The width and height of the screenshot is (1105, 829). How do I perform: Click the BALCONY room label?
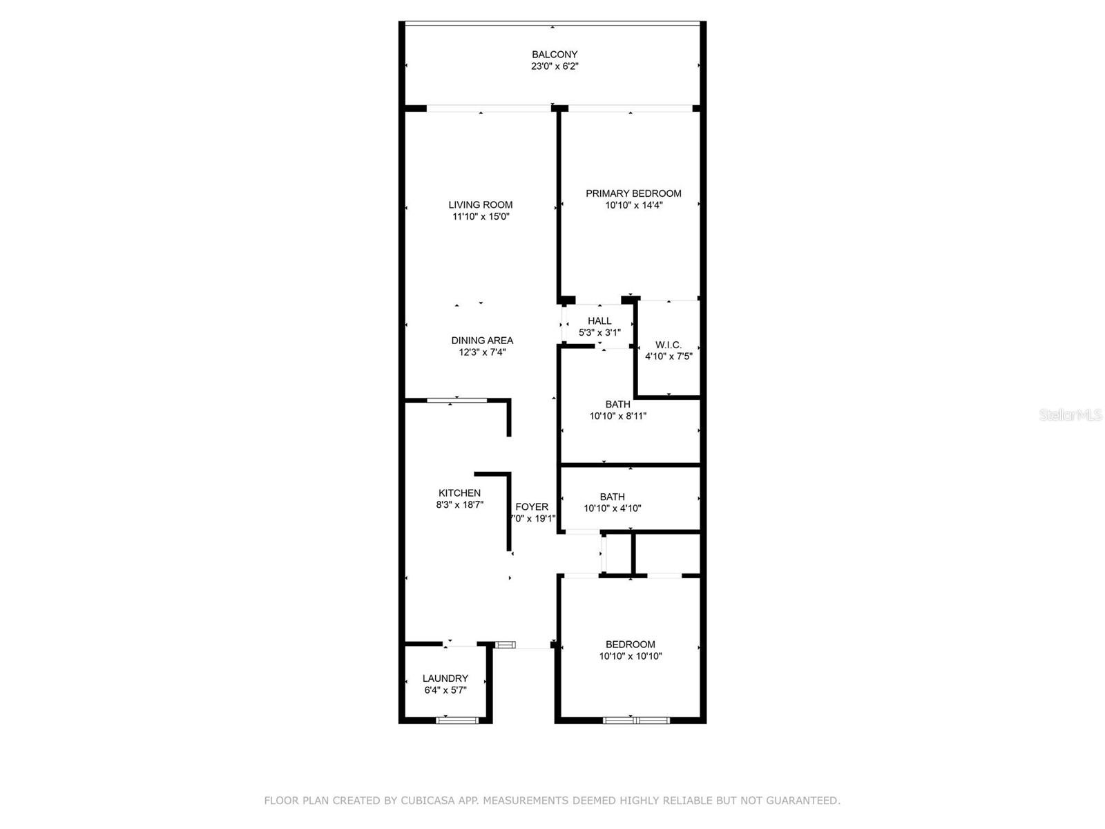(x=555, y=55)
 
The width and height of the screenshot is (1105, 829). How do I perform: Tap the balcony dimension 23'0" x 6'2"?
(x=555, y=66)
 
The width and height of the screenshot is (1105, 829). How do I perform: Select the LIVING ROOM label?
(x=480, y=205)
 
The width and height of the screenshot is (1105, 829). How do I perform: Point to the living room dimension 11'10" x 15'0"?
(x=481, y=217)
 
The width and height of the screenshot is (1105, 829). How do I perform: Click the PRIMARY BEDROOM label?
(x=633, y=193)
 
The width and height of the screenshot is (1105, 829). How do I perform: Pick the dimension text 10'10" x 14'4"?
(x=633, y=205)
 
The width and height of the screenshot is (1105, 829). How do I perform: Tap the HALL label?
(x=599, y=321)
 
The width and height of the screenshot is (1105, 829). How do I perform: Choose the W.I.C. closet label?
(x=668, y=345)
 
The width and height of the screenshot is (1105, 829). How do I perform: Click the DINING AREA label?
(x=482, y=341)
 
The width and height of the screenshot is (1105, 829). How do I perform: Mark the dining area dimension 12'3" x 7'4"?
(x=482, y=352)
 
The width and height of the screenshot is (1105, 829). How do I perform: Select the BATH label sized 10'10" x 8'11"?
(x=617, y=404)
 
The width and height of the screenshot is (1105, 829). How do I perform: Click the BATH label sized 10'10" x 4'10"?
(x=612, y=497)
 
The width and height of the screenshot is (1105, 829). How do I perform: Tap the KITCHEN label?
(x=459, y=493)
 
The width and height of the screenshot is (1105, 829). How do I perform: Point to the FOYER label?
(x=532, y=507)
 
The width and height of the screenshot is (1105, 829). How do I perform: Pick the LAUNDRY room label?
(x=445, y=678)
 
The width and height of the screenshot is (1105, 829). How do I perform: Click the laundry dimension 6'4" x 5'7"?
(x=445, y=691)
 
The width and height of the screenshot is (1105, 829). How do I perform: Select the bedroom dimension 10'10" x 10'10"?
(x=631, y=656)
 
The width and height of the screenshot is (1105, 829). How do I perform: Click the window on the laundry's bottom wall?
(x=457, y=721)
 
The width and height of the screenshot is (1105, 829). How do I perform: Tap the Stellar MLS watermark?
(x=1070, y=414)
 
